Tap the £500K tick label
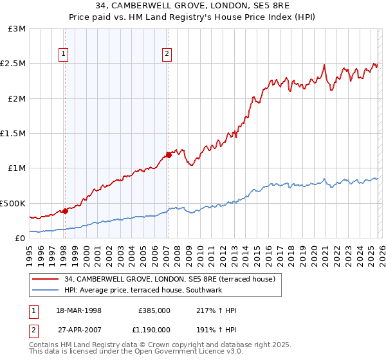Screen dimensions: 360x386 pyautogui.click(x=14, y=203)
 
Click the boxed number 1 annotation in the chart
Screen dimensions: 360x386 pyautogui.click(x=64, y=55)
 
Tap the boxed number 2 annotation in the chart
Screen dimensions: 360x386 pyautogui.click(x=167, y=55)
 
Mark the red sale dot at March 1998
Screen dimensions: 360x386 pyautogui.click(x=66, y=211)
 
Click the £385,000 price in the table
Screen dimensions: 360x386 pyautogui.click(x=154, y=310)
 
